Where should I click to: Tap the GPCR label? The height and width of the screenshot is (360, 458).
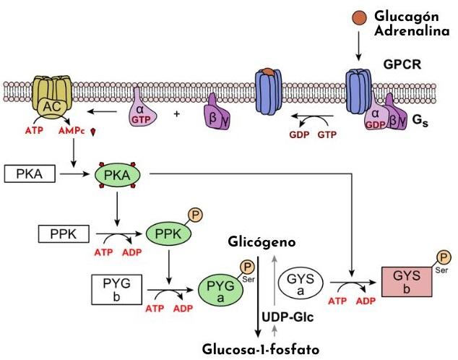(402, 63)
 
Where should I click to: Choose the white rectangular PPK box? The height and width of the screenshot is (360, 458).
(63, 233)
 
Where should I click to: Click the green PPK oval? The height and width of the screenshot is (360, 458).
(170, 233)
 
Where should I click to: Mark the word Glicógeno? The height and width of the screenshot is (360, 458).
(261, 241)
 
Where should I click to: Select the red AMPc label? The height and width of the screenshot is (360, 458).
(72, 131)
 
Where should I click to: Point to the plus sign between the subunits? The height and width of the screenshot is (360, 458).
(176, 114)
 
